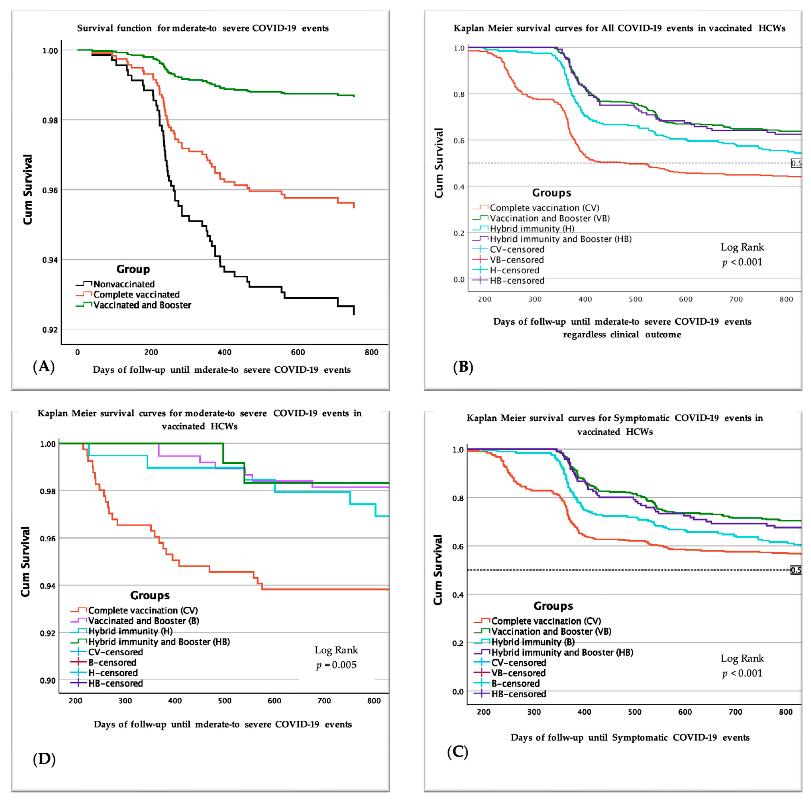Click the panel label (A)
coord(44,367)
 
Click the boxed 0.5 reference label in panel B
coord(796,163)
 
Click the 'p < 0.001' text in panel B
coord(742,263)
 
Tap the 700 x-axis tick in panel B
coord(736,299)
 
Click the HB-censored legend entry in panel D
coord(115,683)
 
